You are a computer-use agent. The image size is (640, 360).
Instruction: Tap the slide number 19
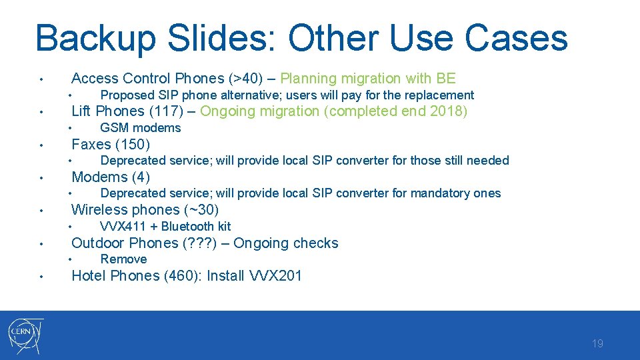tap(597, 344)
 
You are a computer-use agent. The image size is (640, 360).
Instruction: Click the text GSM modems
tap(140, 128)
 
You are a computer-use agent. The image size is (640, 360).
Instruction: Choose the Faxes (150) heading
tap(111, 144)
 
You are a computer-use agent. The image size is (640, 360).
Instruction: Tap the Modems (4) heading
tap(111, 177)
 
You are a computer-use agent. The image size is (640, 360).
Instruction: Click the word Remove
tap(123, 259)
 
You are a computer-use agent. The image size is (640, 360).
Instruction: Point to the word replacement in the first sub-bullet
tap(440, 95)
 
